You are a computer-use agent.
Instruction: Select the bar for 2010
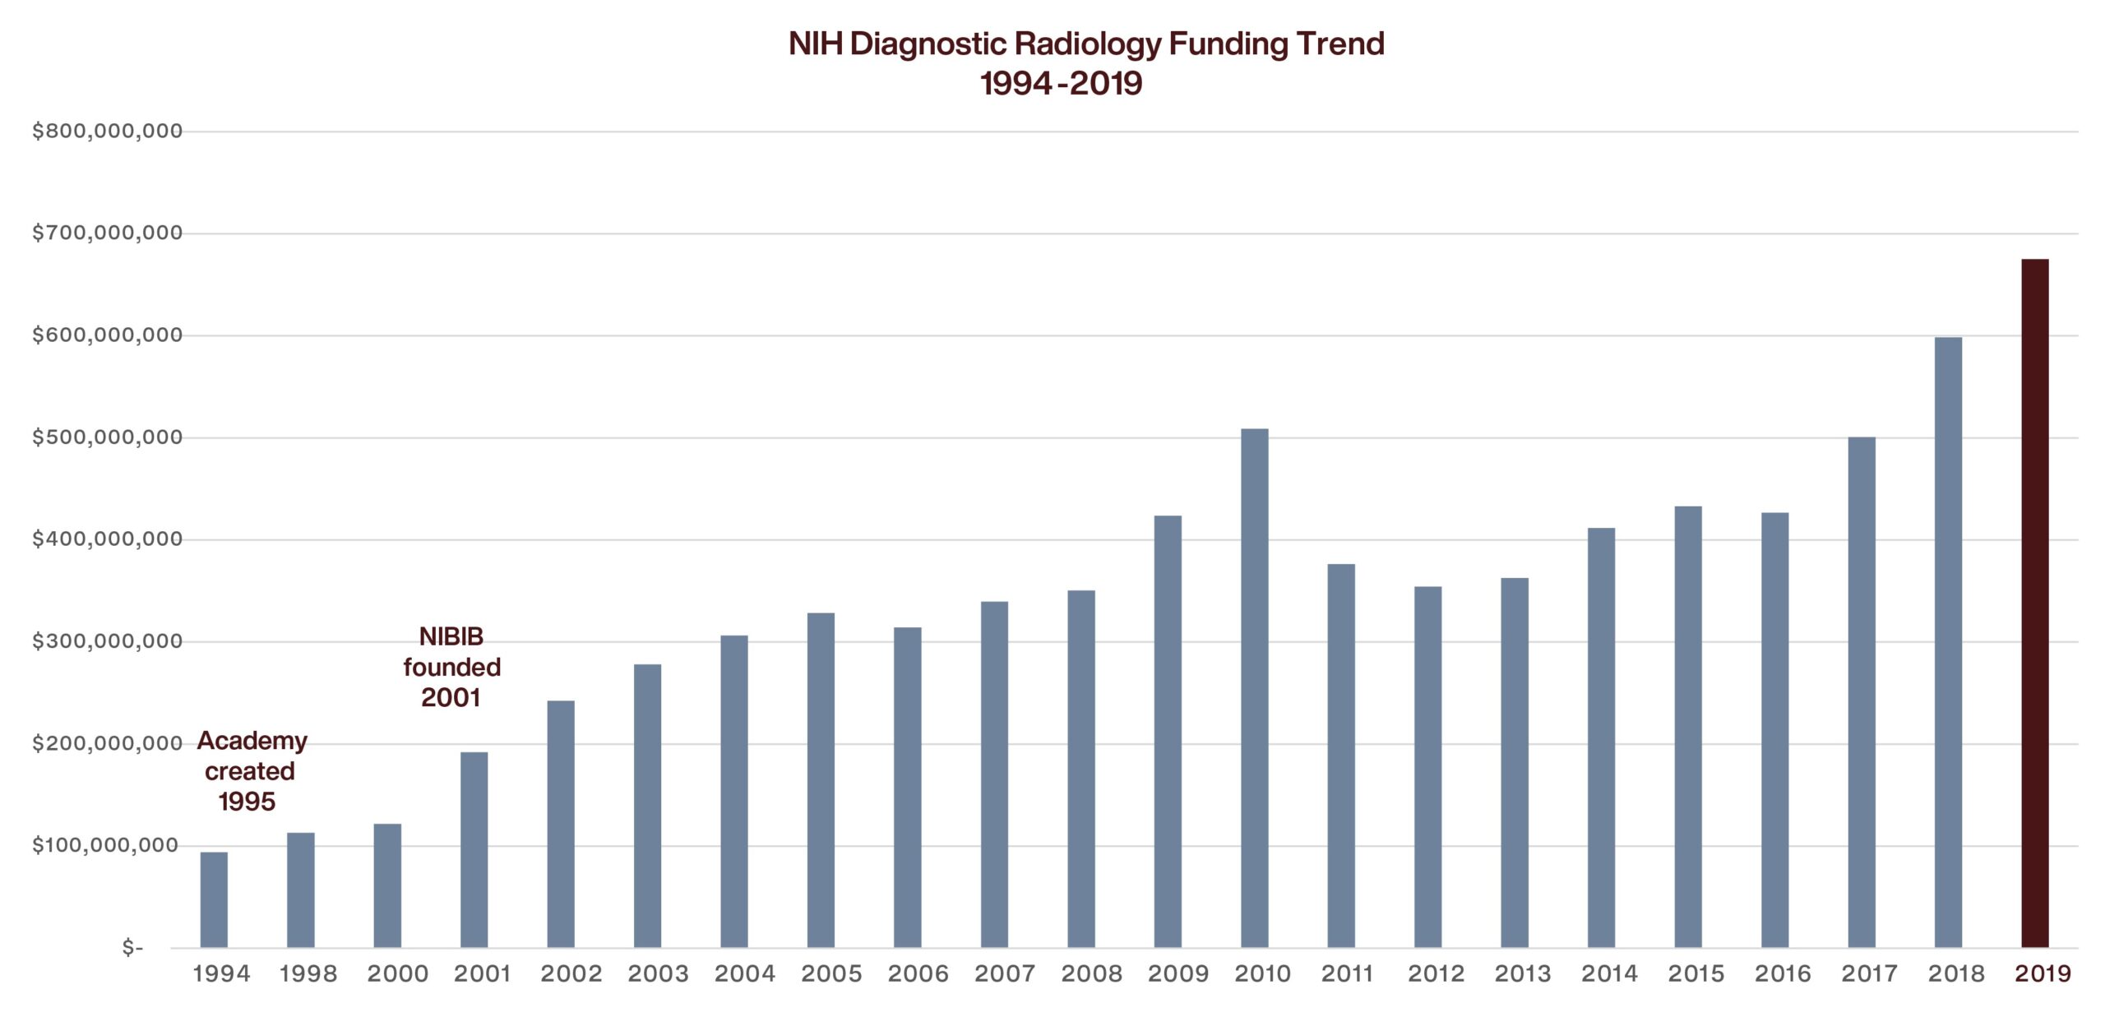coord(1255,687)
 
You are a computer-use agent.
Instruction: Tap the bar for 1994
coord(214,899)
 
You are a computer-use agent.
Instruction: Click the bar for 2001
coord(474,849)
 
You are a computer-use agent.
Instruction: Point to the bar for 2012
coord(1428,766)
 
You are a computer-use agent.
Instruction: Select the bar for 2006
coord(908,787)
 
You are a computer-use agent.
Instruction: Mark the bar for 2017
coord(1862,691)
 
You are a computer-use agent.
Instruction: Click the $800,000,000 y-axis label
coord(107,132)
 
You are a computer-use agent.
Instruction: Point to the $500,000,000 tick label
coord(107,437)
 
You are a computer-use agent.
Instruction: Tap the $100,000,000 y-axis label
coord(107,845)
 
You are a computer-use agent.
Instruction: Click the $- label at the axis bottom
coord(132,948)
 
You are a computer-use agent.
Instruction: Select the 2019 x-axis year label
coord(2043,973)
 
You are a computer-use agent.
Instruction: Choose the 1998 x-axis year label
coord(308,973)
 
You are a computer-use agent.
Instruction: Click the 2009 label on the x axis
coord(1177,973)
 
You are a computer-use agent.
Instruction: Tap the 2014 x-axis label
coord(1609,973)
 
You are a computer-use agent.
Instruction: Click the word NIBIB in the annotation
coord(451,636)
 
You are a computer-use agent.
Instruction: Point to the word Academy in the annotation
coord(252,741)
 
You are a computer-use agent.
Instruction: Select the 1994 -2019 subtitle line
coord(1061,83)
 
